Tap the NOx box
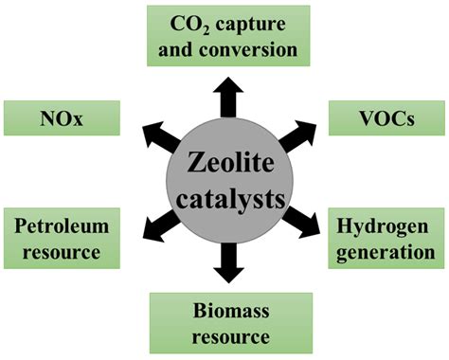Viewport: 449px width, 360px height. (x=62, y=119)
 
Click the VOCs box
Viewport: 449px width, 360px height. (x=384, y=119)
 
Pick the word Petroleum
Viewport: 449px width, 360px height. (x=63, y=226)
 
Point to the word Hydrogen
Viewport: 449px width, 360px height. (x=385, y=226)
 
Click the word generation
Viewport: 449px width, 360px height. (x=385, y=253)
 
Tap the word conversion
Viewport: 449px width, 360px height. (x=261, y=47)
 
